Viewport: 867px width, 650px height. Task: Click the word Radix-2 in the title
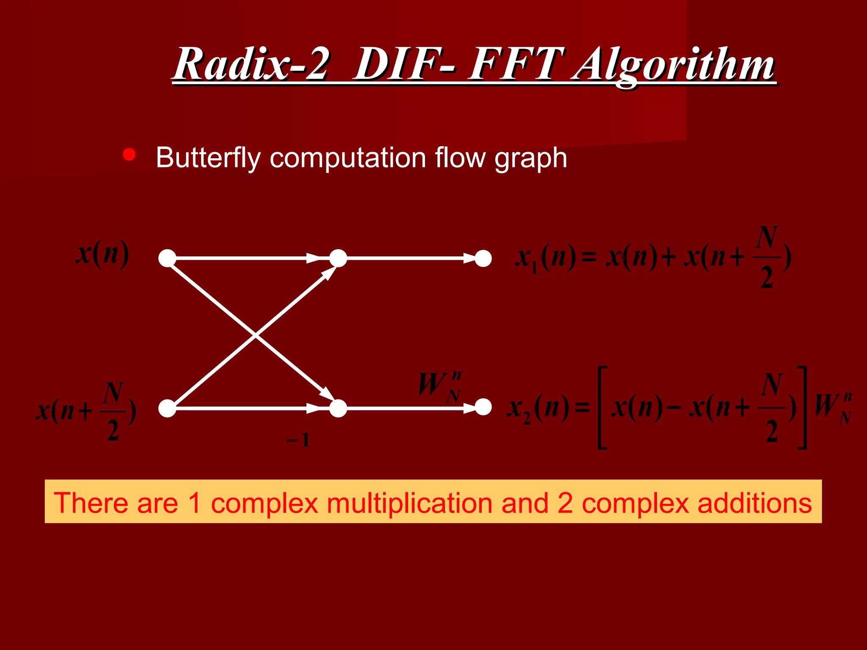point(251,64)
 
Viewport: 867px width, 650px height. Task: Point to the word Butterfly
point(207,158)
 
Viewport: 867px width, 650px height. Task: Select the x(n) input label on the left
point(102,254)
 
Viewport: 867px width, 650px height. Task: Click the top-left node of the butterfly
point(167,258)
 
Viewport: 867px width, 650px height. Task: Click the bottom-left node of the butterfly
point(167,408)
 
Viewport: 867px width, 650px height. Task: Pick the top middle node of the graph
point(338,258)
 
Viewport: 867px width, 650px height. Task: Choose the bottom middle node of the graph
point(338,408)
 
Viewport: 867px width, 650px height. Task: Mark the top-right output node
point(483,258)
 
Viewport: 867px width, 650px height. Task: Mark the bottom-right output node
point(483,407)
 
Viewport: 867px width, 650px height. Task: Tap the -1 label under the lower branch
point(298,441)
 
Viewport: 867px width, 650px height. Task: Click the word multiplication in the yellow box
point(409,503)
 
